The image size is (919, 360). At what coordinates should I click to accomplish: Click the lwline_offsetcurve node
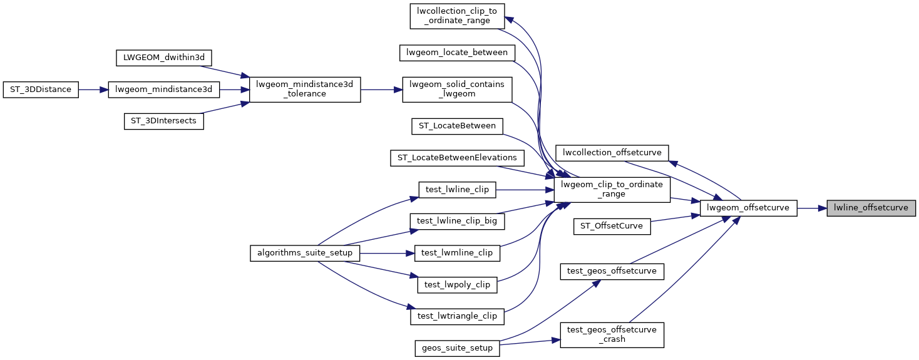[871, 208]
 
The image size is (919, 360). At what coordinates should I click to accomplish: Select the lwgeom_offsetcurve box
[748, 208]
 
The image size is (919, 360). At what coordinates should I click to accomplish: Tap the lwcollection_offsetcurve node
[613, 152]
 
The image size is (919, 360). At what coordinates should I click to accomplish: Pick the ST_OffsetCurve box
[612, 226]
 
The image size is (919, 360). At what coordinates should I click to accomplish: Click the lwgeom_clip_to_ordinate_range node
[612, 190]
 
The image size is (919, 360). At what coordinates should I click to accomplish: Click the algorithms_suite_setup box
[305, 253]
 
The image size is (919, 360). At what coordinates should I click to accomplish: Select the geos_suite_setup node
[456, 348]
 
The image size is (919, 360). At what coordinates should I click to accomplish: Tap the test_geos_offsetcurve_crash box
[611, 335]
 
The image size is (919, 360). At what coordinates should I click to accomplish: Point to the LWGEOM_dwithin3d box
[164, 58]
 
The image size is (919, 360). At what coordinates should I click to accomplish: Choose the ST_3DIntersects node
[163, 121]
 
